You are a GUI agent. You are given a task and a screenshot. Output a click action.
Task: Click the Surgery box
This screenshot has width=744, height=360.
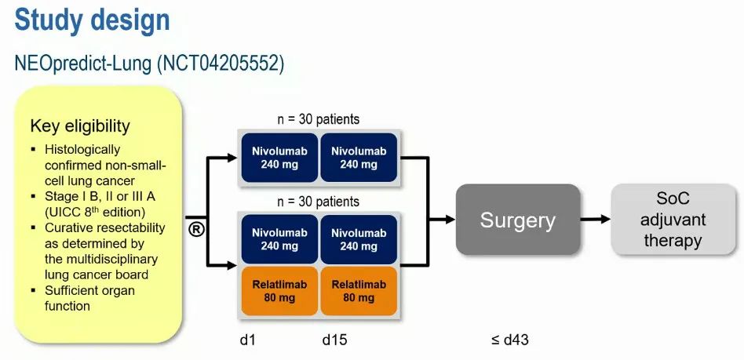coord(517,220)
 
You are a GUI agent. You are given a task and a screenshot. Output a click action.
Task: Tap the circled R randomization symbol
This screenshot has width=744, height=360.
coord(197,229)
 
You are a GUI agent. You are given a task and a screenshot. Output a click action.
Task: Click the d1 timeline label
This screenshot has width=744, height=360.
coord(247,340)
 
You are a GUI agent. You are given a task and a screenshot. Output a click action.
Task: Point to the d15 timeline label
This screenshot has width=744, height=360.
coord(334,340)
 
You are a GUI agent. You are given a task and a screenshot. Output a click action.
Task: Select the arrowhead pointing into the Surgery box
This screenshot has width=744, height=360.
coord(450,220)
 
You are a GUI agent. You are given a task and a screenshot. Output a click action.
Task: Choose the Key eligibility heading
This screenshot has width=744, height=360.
coord(80,126)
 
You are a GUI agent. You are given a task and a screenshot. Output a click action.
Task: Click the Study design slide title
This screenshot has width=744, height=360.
coord(92,20)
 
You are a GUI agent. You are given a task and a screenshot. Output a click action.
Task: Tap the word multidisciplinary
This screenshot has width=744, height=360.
coord(102,259)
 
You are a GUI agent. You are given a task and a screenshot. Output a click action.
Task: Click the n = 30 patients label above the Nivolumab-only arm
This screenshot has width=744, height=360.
coord(319,119)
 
